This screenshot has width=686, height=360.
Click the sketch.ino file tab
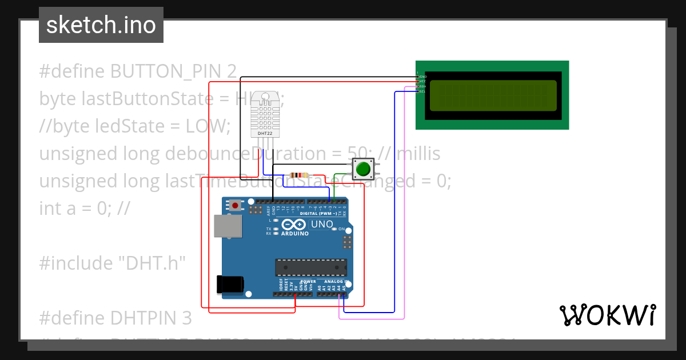click(x=101, y=25)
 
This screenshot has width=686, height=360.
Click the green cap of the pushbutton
click(x=362, y=169)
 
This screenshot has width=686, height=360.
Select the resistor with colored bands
click(x=299, y=175)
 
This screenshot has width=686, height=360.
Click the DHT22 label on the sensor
click(x=265, y=133)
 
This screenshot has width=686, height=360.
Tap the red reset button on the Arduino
click(x=236, y=205)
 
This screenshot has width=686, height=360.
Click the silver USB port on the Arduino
click(x=227, y=226)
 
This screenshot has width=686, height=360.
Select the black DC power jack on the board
click(x=230, y=285)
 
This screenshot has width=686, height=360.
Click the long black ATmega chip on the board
click(x=311, y=267)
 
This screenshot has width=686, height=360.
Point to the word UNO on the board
click(x=321, y=225)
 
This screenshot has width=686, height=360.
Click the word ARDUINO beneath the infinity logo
click(x=294, y=234)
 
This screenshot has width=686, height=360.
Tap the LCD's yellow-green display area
click(x=492, y=95)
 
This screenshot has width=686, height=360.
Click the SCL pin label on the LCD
click(x=422, y=91)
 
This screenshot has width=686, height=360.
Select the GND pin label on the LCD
click(x=422, y=76)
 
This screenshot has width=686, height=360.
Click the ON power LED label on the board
click(x=341, y=229)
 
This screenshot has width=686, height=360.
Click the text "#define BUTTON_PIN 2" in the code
click(x=138, y=71)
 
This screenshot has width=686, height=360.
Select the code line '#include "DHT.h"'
click(x=113, y=263)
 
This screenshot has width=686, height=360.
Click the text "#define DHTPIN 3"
click(x=115, y=318)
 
